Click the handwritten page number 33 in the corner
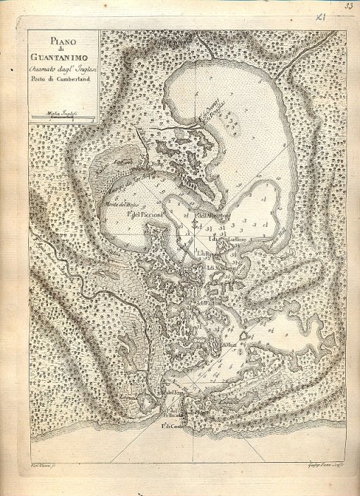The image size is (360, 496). click(349, 6)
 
